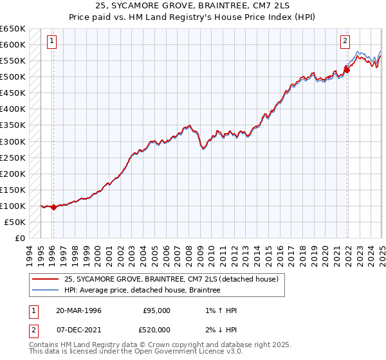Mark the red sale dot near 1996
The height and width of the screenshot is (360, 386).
click(53, 207)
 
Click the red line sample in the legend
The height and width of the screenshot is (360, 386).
click(46, 280)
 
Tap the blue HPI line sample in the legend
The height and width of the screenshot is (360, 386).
click(46, 291)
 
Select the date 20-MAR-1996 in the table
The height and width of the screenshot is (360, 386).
click(78, 310)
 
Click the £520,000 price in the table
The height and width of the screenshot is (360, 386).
click(156, 329)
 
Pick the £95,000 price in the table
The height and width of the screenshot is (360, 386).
click(156, 310)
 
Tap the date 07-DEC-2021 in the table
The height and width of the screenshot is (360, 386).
click(78, 329)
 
